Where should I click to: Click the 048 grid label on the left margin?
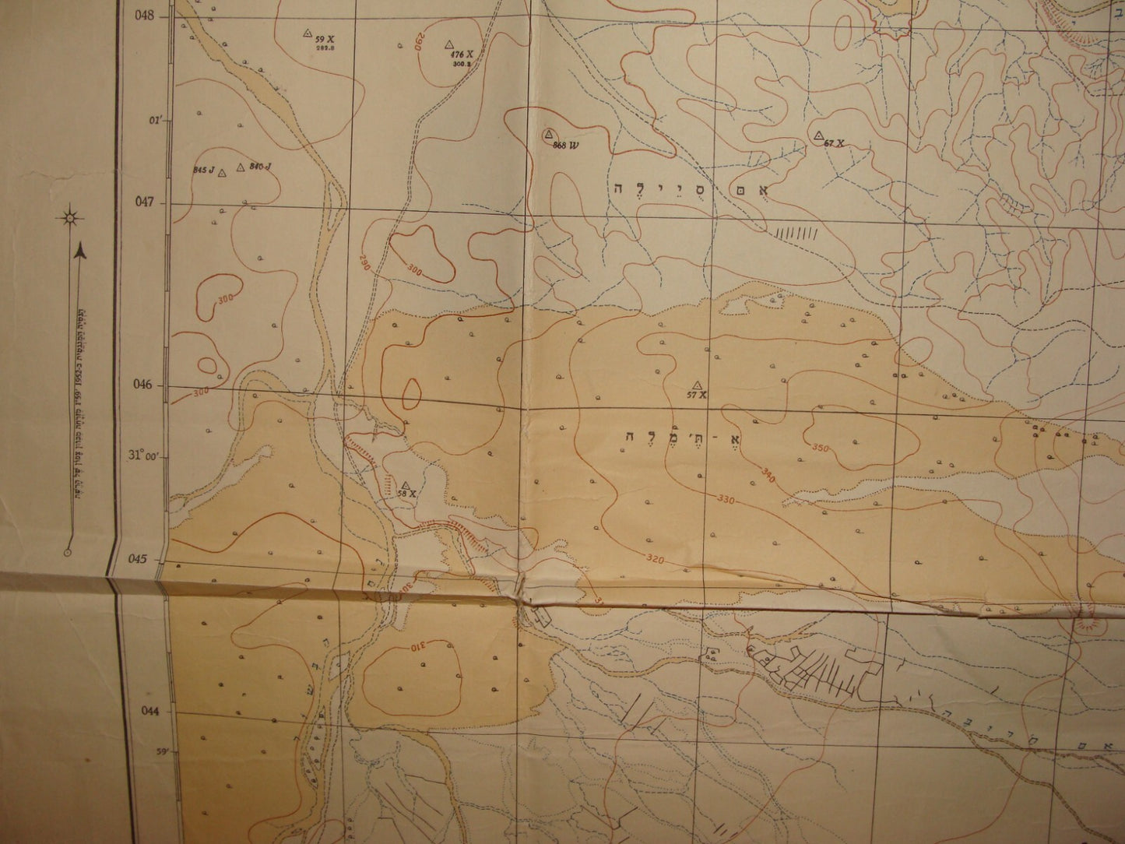pyautogui.click(x=146, y=15)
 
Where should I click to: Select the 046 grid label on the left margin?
pyautogui.click(x=146, y=385)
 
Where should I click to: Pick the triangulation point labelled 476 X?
pyautogui.click(x=449, y=45)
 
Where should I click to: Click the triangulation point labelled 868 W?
pyautogui.click(x=549, y=135)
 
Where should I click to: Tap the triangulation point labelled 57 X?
pyautogui.click(x=697, y=385)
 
